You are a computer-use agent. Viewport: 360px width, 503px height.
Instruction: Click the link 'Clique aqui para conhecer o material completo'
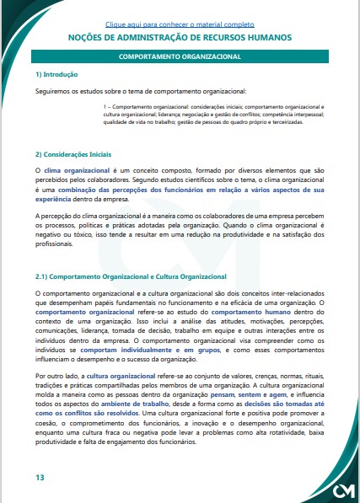coord(180,25)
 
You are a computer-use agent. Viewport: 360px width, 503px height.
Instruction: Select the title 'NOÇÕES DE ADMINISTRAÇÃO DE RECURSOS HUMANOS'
coord(180,38)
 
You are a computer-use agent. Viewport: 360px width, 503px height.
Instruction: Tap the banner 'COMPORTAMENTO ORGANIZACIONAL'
coord(180,56)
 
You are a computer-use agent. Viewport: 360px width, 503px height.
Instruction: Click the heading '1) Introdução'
coord(56,75)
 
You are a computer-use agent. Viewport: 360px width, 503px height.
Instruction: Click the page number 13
coord(40,478)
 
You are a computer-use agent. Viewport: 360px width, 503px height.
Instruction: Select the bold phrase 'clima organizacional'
coord(75,170)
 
